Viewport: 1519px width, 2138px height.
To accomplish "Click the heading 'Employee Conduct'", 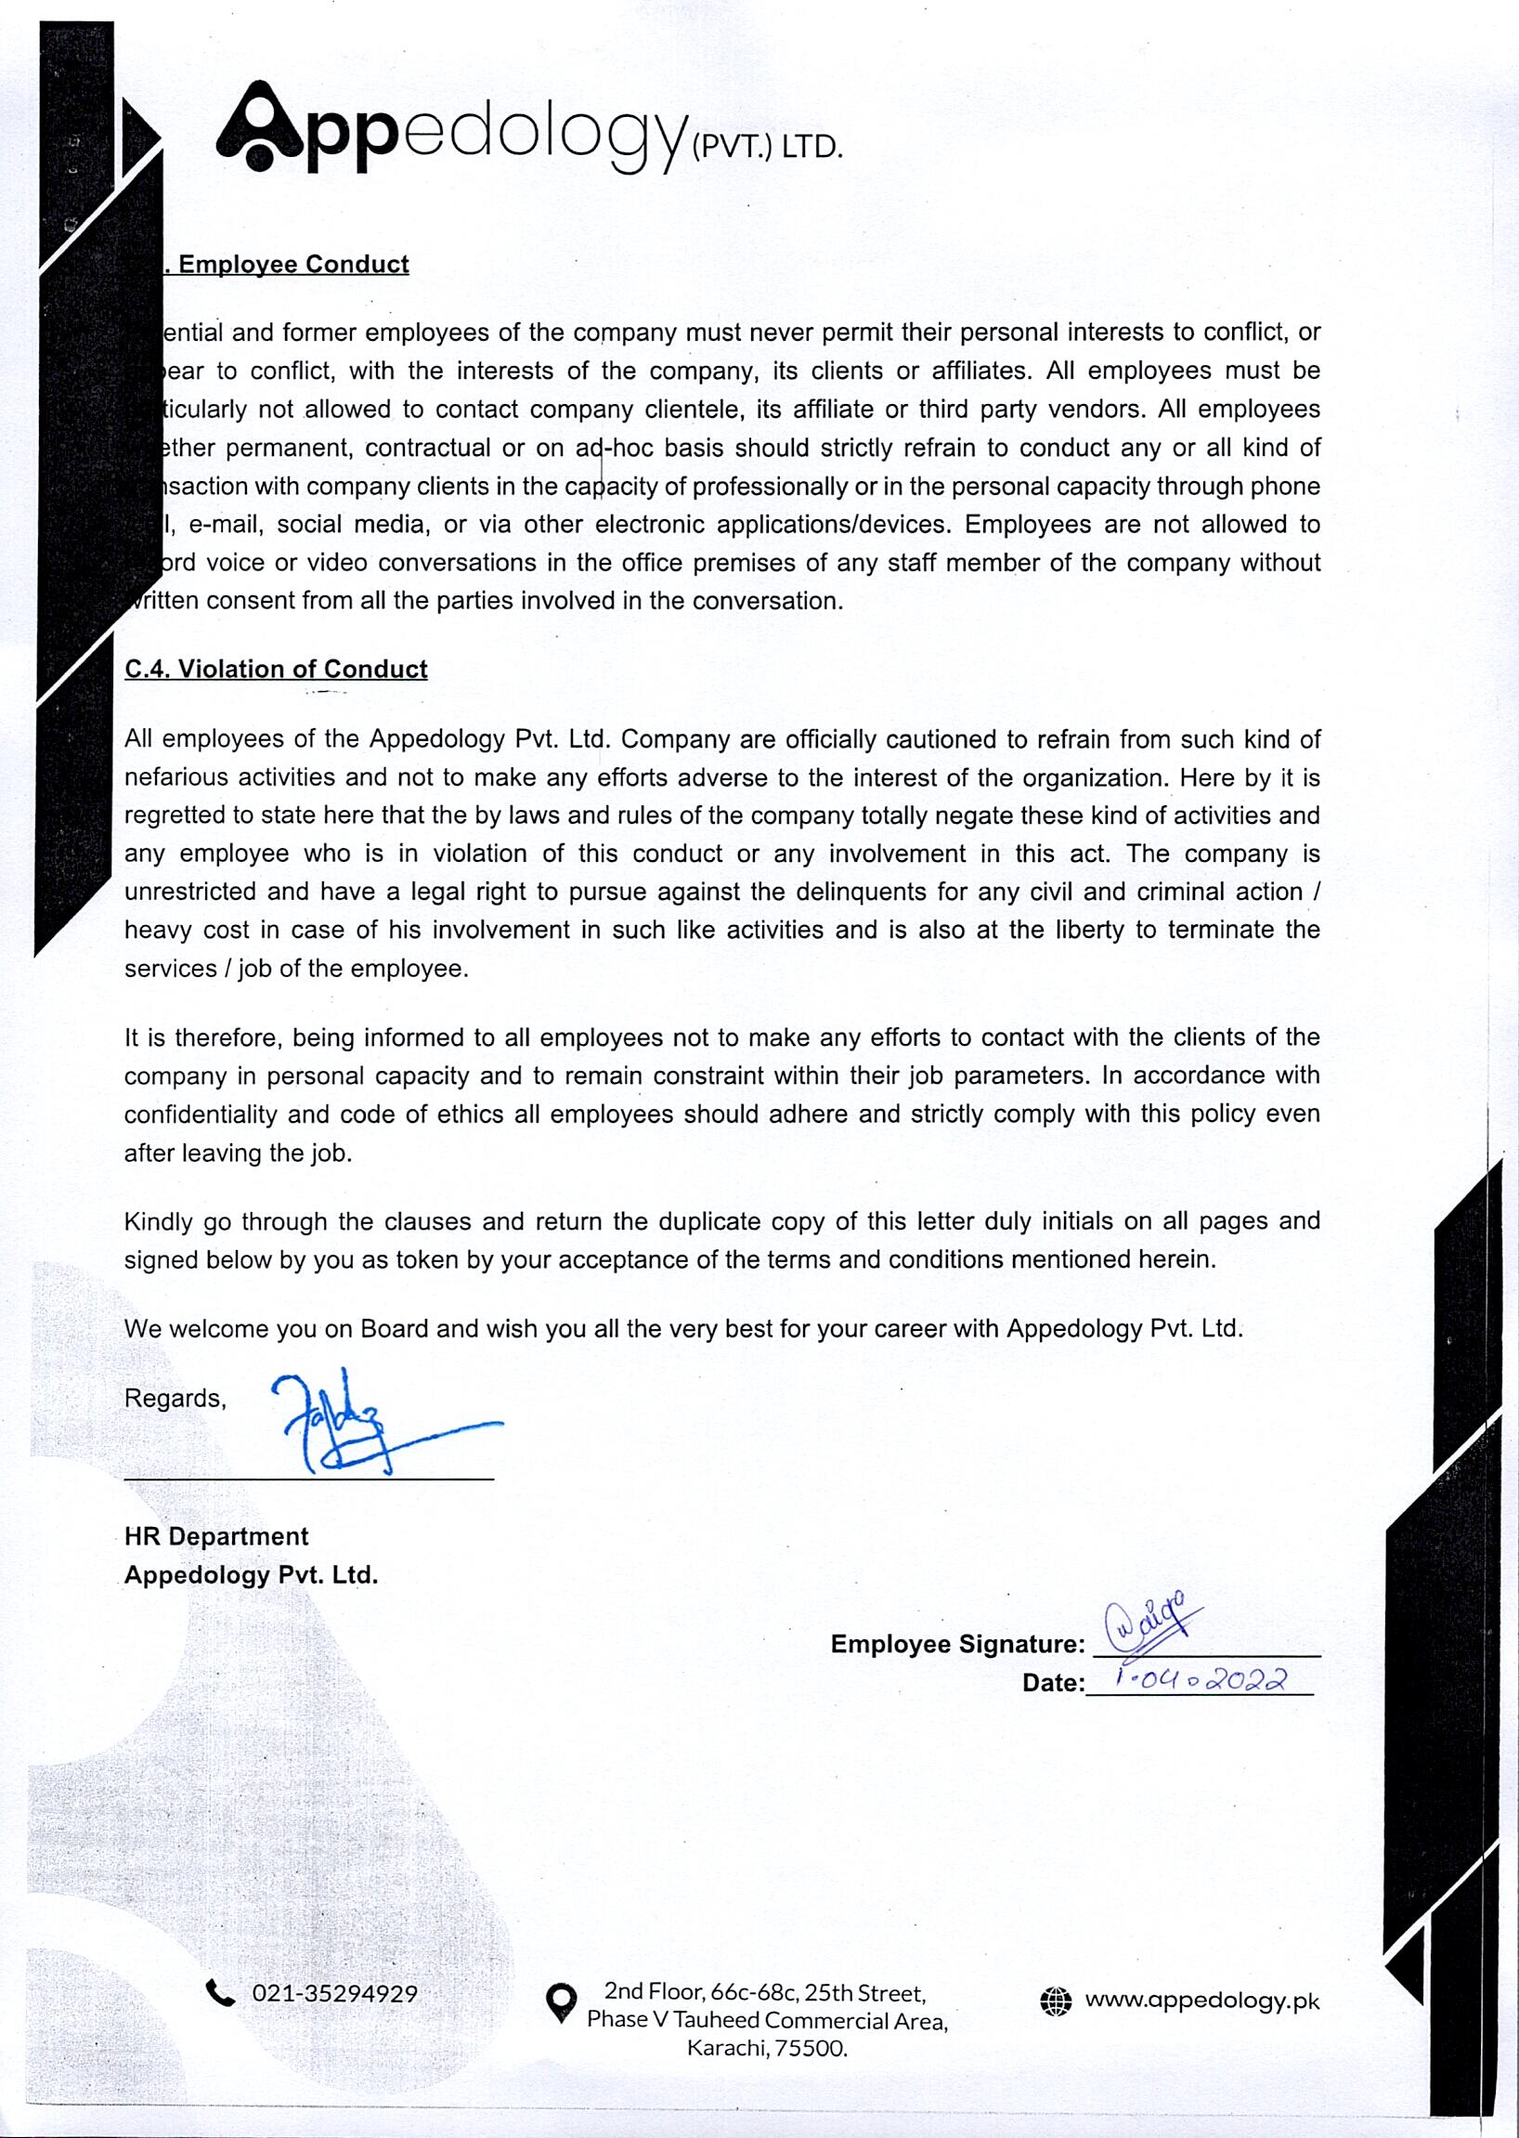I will [293, 265].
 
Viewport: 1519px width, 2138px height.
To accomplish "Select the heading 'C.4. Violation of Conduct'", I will [276, 669].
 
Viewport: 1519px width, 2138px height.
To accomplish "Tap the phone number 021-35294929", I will [335, 1994].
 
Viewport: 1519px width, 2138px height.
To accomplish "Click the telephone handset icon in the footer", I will [221, 1994].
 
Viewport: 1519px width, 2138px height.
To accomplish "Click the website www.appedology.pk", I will [1201, 2001].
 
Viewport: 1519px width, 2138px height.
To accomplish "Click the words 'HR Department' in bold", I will [216, 1536].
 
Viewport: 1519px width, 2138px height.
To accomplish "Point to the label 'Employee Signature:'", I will [957, 1644].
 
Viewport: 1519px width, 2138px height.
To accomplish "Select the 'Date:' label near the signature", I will [1052, 1683].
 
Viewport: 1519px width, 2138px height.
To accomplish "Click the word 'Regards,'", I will [175, 1398].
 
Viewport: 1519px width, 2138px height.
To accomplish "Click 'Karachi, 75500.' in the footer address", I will [767, 2048].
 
